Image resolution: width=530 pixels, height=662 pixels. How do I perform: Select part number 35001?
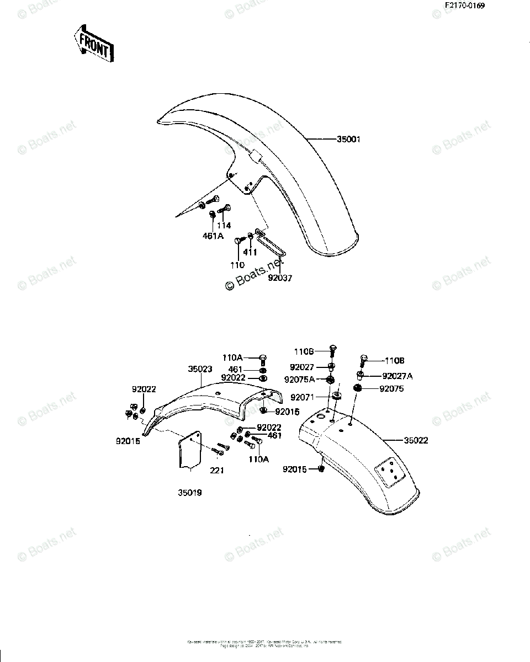click(x=348, y=140)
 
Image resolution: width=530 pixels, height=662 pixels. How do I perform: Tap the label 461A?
click(x=213, y=236)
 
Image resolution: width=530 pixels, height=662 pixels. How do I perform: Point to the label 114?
click(x=224, y=225)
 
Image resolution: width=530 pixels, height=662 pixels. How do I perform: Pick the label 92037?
click(x=280, y=278)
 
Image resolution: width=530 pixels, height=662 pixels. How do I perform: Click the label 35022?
click(x=416, y=440)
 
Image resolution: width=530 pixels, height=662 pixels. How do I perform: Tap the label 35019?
click(x=189, y=493)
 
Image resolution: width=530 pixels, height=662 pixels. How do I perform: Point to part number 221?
click(x=217, y=470)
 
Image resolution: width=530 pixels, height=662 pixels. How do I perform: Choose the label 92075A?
click(x=300, y=379)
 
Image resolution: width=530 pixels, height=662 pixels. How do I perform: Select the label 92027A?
click(x=397, y=376)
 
